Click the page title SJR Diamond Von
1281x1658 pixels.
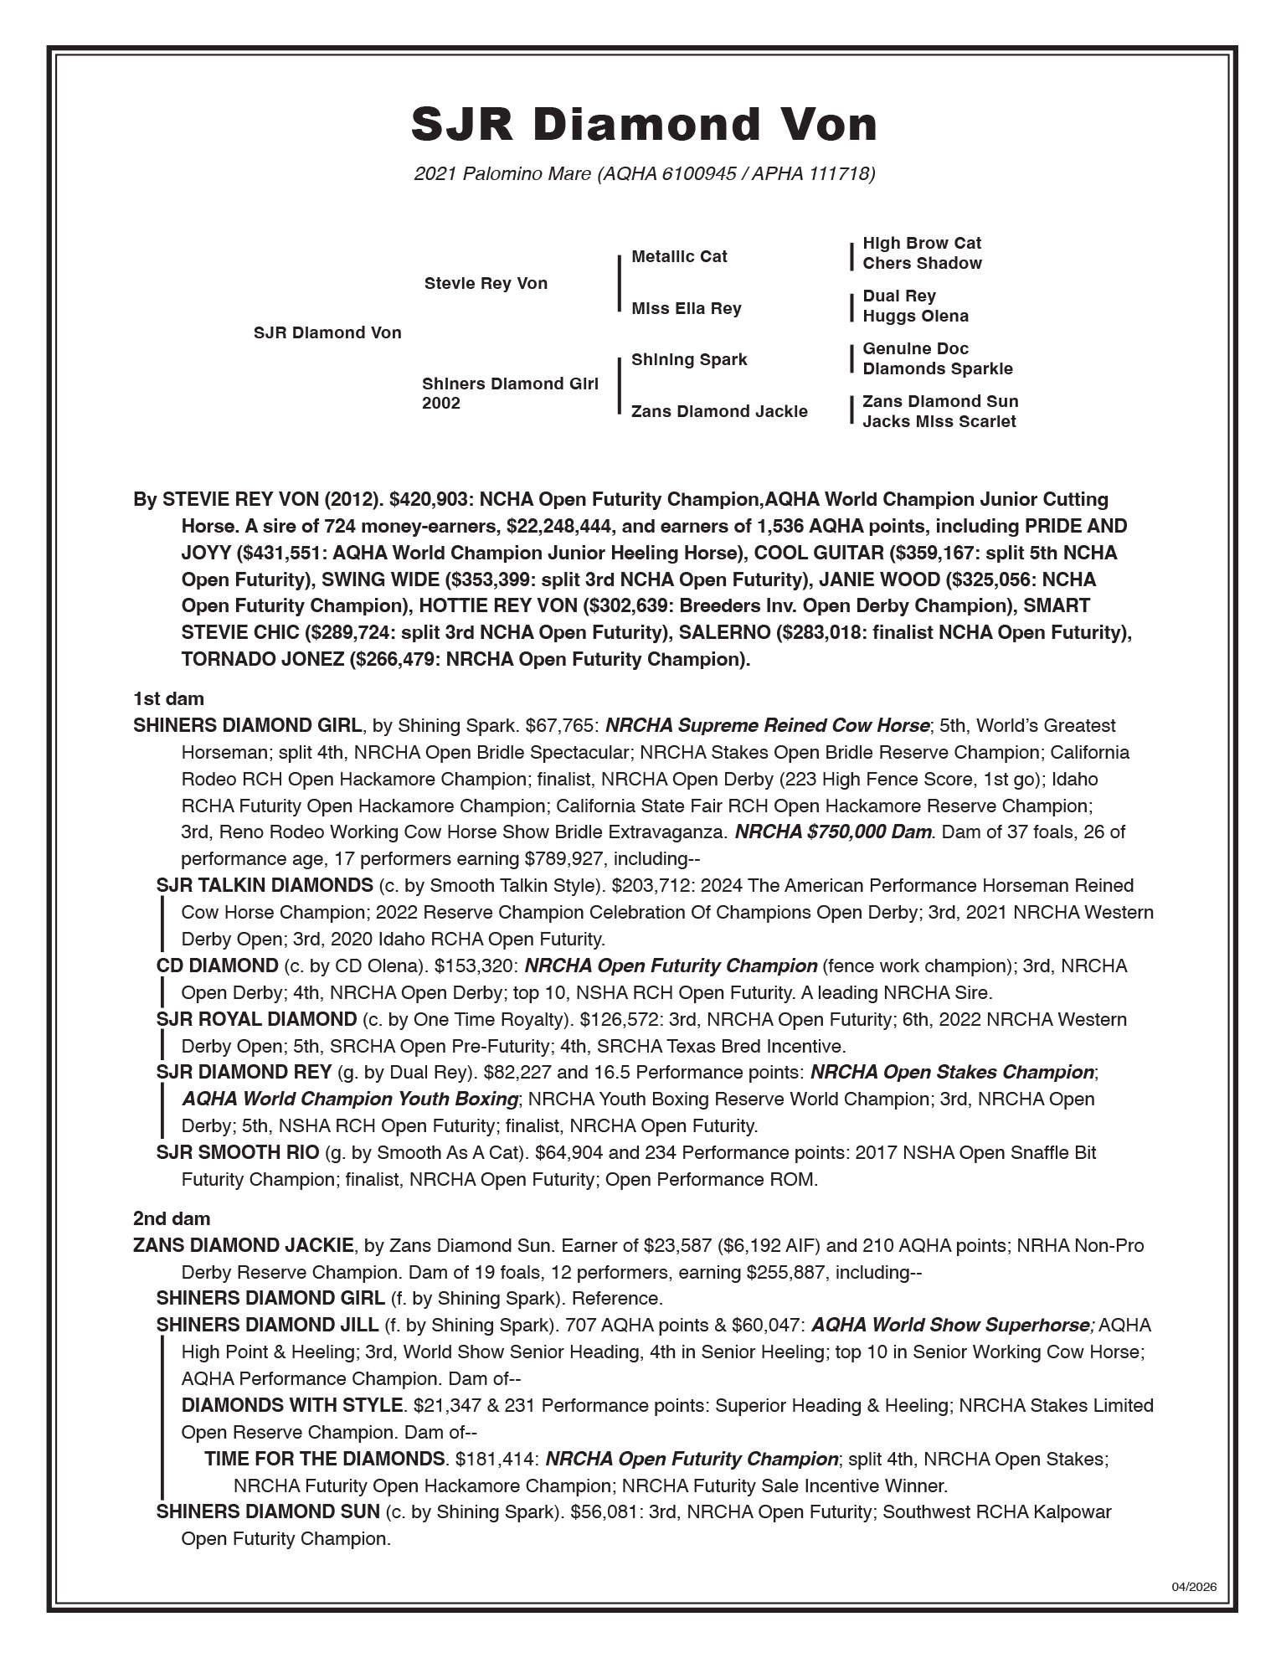pos(643,124)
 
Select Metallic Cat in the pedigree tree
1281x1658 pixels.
pos(679,256)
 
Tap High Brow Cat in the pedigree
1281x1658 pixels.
pos(921,243)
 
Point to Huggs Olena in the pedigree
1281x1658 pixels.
pos(915,316)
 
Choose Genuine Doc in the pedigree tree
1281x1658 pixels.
pos(915,348)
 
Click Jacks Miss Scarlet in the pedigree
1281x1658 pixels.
pos(939,421)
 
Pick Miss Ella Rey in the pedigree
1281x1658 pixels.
pos(686,308)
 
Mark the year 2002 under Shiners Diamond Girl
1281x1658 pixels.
pos(441,404)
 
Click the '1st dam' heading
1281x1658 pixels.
pos(167,698)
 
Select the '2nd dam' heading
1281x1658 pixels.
pos(171,1218)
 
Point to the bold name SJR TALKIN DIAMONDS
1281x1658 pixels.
pos(265,885)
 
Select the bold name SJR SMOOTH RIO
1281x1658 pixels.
pos(237,1152)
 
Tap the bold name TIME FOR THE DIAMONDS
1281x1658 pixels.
pos(324,1459)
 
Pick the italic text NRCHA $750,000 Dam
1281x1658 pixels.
pos(832,832)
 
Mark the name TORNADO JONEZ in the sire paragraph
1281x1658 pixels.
pos(262,659)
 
